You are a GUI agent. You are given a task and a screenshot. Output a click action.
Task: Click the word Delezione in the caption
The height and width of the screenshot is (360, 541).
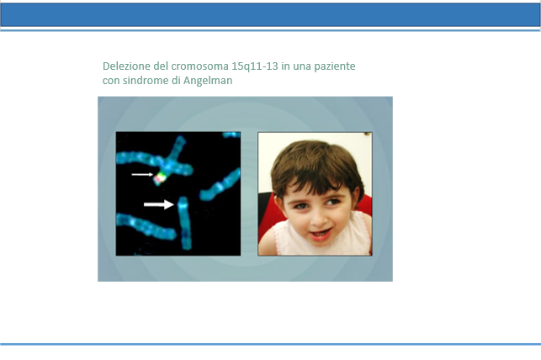(126, 66)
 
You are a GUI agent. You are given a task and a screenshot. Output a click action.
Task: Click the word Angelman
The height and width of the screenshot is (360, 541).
(208, 81)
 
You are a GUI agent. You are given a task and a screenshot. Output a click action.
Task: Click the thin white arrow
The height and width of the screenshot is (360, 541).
(142, 174)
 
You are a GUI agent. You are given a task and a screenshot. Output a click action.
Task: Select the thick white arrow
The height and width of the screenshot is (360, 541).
(159, 204)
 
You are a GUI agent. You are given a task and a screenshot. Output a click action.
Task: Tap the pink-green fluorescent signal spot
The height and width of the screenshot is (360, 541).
(160, 178)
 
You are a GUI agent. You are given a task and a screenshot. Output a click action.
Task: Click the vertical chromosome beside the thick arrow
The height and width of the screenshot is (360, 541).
(184, 223)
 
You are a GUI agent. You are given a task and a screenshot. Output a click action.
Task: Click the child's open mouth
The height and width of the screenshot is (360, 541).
(321, 235)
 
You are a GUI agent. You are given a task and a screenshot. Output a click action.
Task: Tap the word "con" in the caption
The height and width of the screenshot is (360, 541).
(111, 81)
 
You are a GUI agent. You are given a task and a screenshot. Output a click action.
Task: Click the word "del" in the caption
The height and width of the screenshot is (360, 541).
(161, 66)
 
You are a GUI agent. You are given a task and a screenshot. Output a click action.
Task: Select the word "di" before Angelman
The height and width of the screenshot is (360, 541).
(175, 81)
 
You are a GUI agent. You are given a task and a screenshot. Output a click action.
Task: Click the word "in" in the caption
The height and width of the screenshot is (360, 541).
(285, 66)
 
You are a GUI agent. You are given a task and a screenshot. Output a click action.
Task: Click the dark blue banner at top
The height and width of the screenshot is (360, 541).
(271, 15)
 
